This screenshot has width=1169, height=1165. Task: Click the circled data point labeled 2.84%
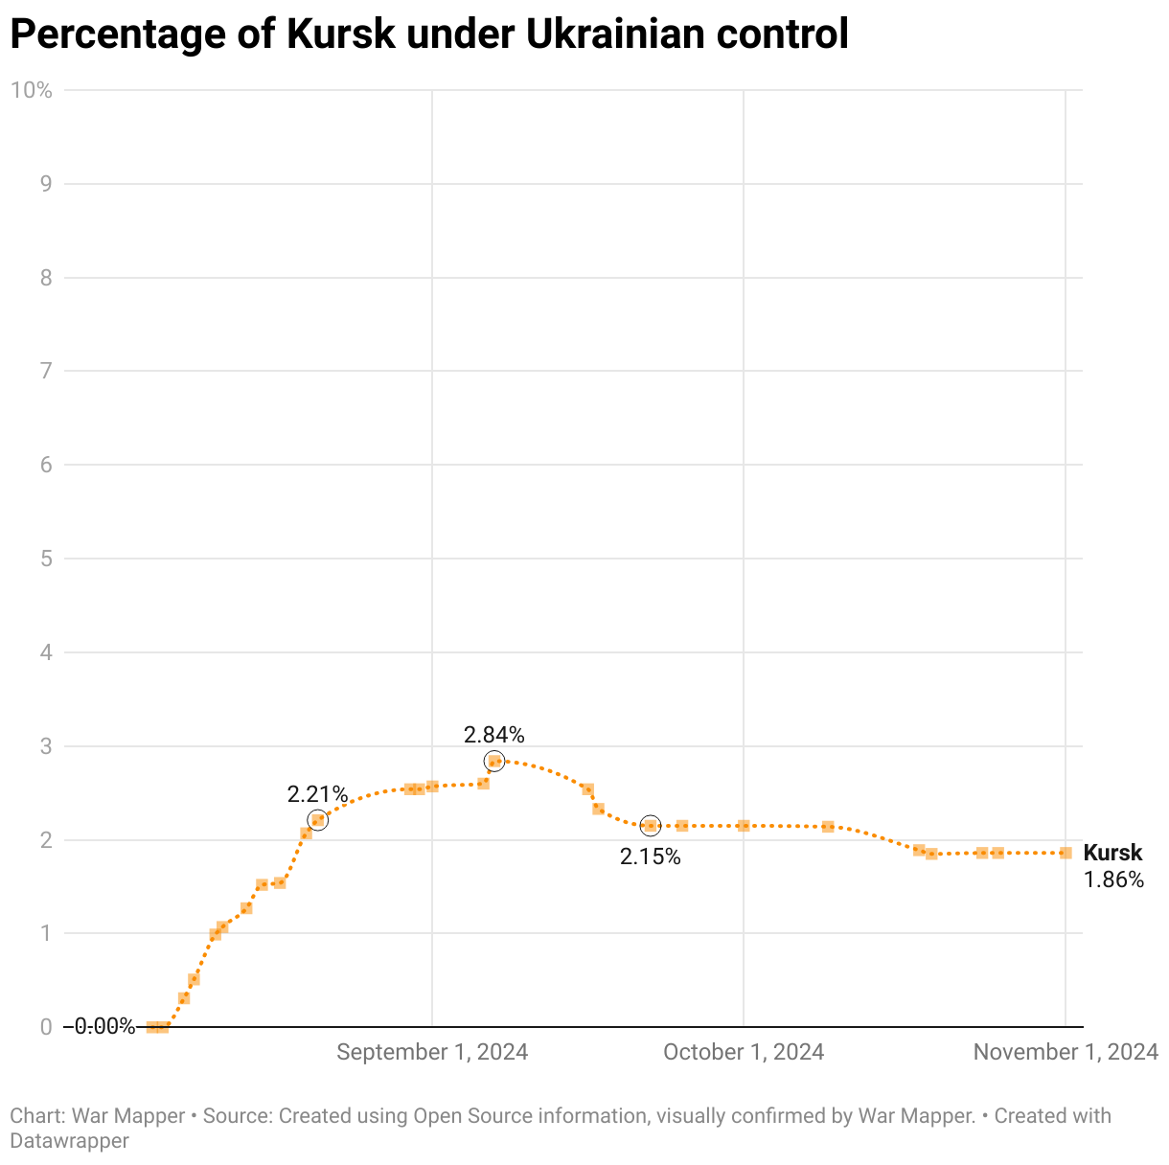[x=494, y=762]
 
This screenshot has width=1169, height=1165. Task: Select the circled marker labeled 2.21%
[x=318, y=820]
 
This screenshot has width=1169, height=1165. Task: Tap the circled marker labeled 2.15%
[x=651, y=826]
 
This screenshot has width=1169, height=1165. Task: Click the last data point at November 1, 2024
[x=1066, y=853]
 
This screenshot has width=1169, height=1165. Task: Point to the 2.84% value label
[x=493, y=735]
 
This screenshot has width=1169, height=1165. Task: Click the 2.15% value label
[x=650, y=857]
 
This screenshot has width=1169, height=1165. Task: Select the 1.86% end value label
[x=1113, y=879]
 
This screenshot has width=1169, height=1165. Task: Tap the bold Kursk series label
[x=1112, y=853]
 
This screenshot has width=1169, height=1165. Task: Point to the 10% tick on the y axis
[x=31, y=90]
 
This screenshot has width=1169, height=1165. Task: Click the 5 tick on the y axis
[x=46, y=559]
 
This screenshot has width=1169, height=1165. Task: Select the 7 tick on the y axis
[x=46, y=371]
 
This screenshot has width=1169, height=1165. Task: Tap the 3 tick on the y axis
[x=46, y=746]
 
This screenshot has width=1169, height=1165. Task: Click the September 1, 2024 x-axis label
[x=432, y=1052]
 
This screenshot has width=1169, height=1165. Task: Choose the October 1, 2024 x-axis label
[x=744, y=1052]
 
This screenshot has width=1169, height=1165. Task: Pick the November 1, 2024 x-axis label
[x=1066, y=1052]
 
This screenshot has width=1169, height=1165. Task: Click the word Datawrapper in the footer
[x=69, y=1140]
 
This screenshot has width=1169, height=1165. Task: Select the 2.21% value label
[x=317, y=794]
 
